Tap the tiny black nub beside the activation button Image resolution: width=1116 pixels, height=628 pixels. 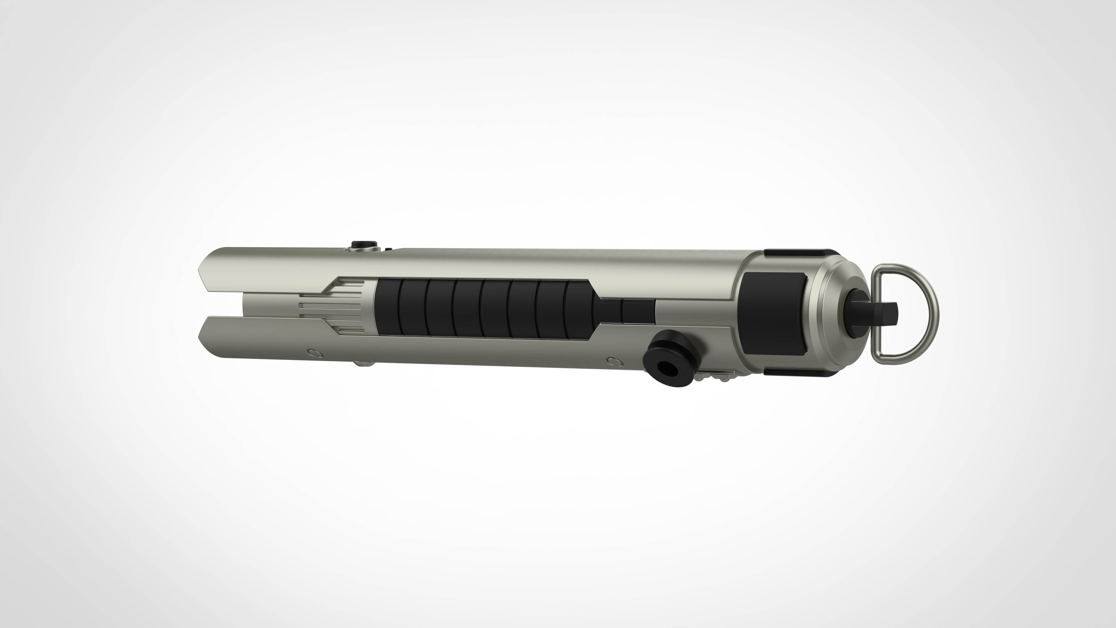(x=389, y=249)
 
